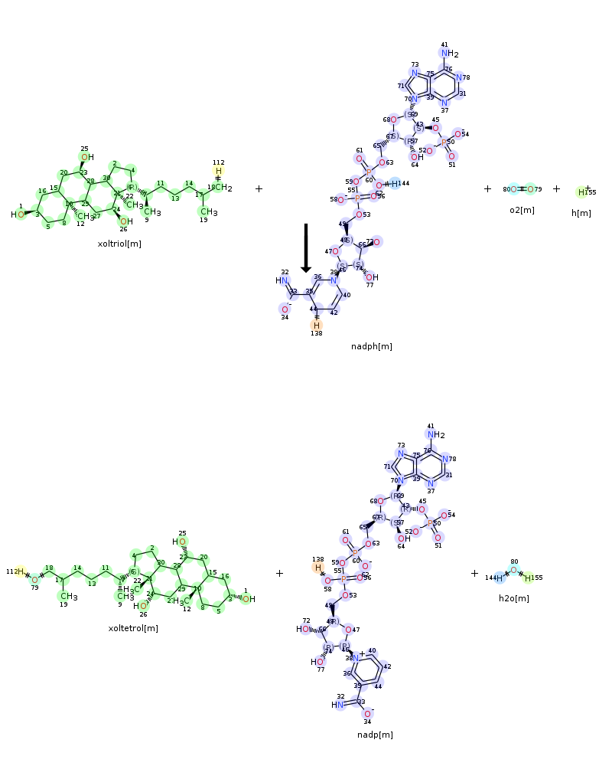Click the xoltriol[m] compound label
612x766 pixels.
[119, 244]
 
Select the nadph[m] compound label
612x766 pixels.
[371, 346]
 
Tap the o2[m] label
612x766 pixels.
[522, 210]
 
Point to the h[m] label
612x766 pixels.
[581, 213]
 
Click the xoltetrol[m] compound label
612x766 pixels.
[133, 628]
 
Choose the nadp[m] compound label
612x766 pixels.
[375, 735]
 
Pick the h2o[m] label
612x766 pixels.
[513, 598]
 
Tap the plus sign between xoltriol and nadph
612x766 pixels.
[259, 188]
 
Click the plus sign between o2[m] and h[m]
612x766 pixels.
[556, 188]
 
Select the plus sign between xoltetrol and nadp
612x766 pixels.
[279, 573]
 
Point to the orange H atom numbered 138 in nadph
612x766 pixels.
[317, 325]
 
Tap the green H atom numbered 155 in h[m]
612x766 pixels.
[582, 191]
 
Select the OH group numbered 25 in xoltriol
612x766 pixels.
[86, 157]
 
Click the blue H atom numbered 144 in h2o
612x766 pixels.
[499, 577]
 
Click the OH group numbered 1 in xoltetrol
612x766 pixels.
[248, 599]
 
